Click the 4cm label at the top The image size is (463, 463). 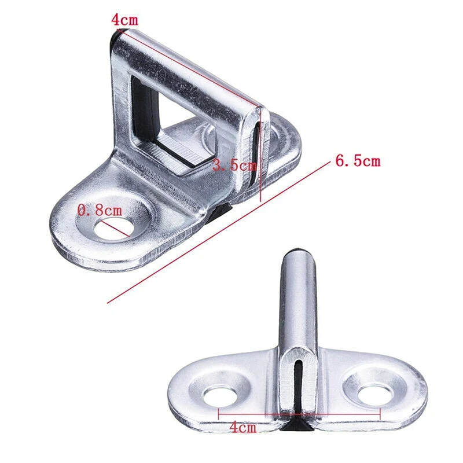tap(124, 19)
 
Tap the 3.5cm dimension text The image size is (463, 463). tap(234, 166)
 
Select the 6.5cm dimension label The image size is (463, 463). tap(358, 161)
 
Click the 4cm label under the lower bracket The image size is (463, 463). tap(242, 428)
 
